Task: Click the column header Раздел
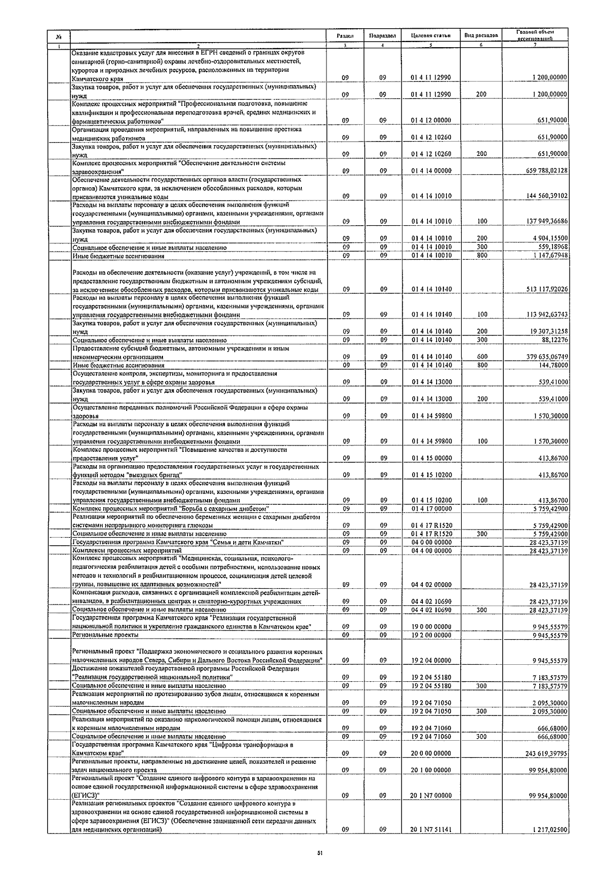tap(345, 36)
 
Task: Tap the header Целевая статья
tap(430, 36)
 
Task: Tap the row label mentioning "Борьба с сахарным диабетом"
tap(170, 509)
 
